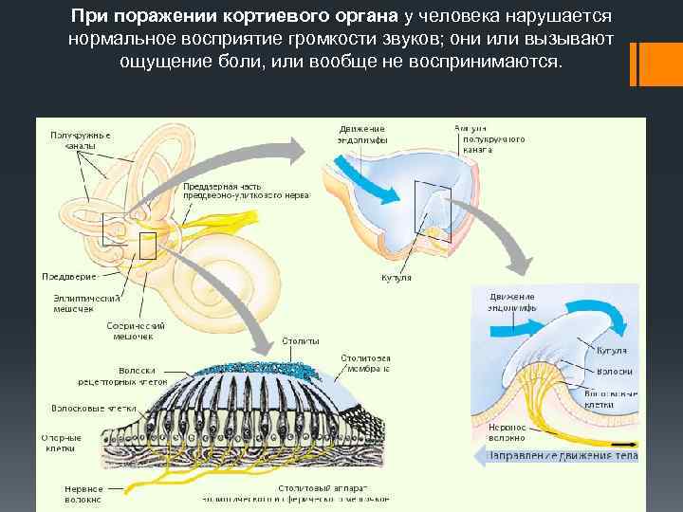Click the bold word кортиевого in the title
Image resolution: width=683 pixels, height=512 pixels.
268,19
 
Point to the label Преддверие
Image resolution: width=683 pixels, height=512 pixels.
69,276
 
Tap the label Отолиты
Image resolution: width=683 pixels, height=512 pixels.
301,340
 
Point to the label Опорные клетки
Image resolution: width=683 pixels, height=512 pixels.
61,443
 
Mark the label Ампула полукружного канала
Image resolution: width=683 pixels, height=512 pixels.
489,138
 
